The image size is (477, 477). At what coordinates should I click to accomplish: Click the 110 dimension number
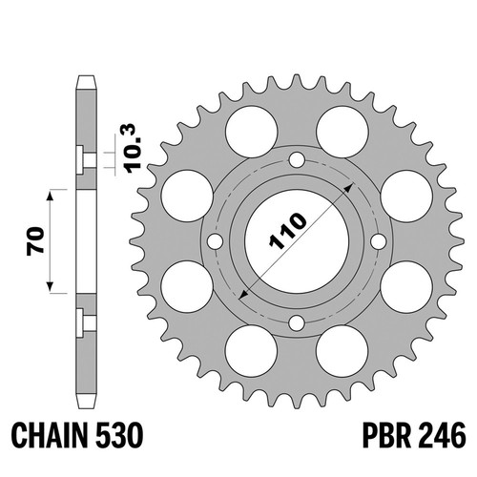click(x=288, y=231)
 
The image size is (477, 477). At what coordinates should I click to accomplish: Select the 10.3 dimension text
click(x=134, y=149)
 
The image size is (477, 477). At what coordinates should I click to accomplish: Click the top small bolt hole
click(x=297, y=160)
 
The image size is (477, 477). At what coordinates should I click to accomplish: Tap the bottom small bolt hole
click(x=297, y=323)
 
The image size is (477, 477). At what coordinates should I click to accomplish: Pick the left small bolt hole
click(x=215, y=241)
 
